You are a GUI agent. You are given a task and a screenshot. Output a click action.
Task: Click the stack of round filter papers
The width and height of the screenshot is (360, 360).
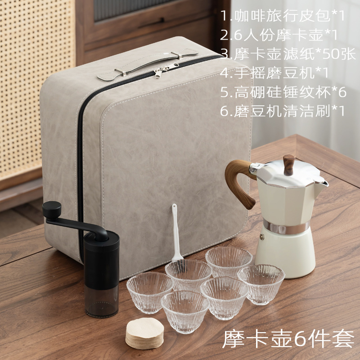click(x=144, y=333)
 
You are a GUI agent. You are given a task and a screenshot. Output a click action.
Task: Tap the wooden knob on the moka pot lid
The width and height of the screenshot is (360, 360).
click(x=289, y=165)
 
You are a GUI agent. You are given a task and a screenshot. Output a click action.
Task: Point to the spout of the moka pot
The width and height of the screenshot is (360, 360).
click(x=323, y=184)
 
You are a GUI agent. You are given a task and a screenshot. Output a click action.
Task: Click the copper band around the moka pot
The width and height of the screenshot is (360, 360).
click(x=286, y=227)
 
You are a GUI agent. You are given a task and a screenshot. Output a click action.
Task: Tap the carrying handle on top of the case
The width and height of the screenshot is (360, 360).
click(x=147, y=64)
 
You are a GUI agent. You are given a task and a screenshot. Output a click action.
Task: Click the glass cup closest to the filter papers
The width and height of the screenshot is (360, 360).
click(x=185, y=311)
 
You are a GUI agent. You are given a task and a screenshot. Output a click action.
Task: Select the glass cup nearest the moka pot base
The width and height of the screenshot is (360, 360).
click(x=261, y=284)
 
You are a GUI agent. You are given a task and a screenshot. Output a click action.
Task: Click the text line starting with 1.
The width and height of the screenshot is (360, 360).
click(x=283, y=16)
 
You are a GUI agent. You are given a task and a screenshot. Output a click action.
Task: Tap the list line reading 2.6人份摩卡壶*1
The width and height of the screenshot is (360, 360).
click(x=279, y=35)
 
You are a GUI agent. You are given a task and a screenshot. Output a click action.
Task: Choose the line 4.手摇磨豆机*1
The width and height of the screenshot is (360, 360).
click(x=274, y=73)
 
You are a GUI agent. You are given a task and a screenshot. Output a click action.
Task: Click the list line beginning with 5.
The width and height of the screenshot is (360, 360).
click(x=283, y=92)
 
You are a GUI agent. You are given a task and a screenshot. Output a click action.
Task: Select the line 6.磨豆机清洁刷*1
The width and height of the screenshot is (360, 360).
click(x=283, y=111)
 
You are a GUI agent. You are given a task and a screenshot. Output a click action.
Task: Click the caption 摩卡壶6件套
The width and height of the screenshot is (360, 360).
click(x=288, y=339)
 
